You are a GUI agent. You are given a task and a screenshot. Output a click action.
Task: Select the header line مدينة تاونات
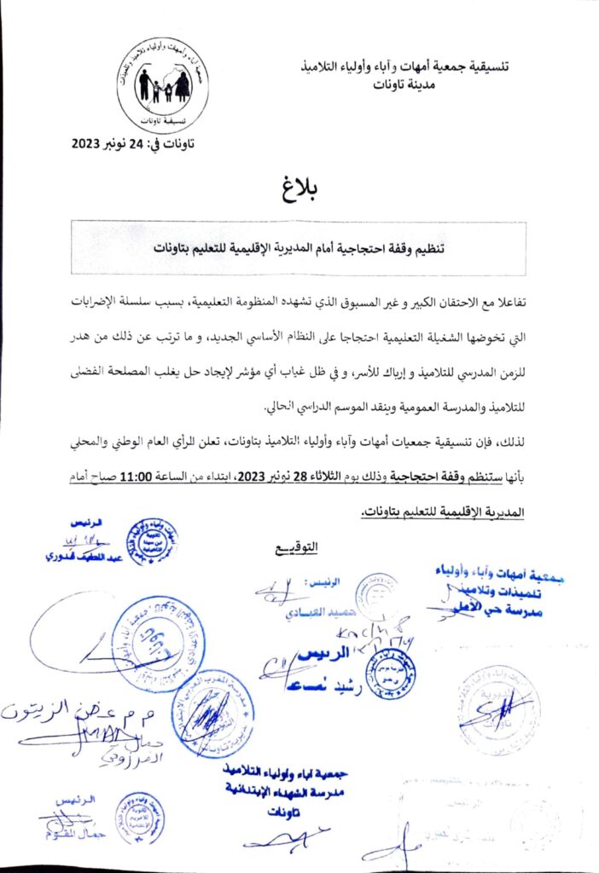click(x=403, y=84)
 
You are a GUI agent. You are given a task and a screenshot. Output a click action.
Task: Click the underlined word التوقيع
click(x=298, y=546)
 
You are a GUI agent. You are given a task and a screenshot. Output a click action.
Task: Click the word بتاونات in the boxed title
click(x=176, y=248)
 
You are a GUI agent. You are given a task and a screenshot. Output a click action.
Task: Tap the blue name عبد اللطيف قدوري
click(x=81, y=555)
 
